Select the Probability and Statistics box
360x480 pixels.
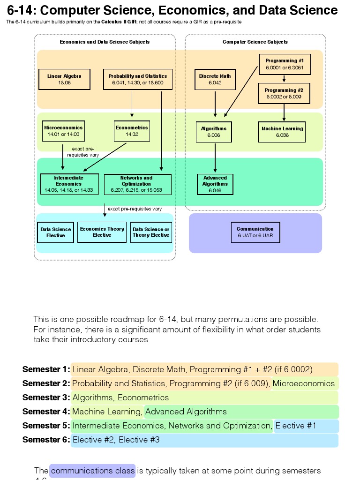pyautogui.click(x=137, y=79)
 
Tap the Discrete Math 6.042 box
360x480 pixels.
pyautogui.click(x=215, y=79)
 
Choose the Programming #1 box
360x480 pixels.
pyautogui.click(x=285, y=64)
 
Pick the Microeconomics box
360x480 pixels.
pyautogui.click(x=63, y=131)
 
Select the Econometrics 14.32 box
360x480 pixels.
pyautogui.click(x=132, y=131)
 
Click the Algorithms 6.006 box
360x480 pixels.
pyautogui.click(x=214, y=132)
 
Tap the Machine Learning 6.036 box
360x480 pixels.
pyautogui.click(x=282, y=132)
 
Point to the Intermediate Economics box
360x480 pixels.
pyautogui.click(x=69, y=184)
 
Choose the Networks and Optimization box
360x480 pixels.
pyautogui.click(x=137, y=184)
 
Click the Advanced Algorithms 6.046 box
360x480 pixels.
pyautogui.click(x=215, y=184)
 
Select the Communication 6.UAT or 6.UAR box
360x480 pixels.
pyautogui.click(x=255, y=232)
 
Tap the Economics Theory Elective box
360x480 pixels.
pyautogui.click(x=102, y=232)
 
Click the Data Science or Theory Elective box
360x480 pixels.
pyautogui.click(x=151, y=232)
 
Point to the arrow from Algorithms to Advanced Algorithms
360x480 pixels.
pyautogui.click(x=215, y=158)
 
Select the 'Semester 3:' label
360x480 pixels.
pyautogui.click(x=46, y=397)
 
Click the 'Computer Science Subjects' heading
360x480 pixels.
pyautogui.click(x=255, y=42)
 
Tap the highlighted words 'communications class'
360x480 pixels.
pyautogui.click(x=92, y=470)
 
